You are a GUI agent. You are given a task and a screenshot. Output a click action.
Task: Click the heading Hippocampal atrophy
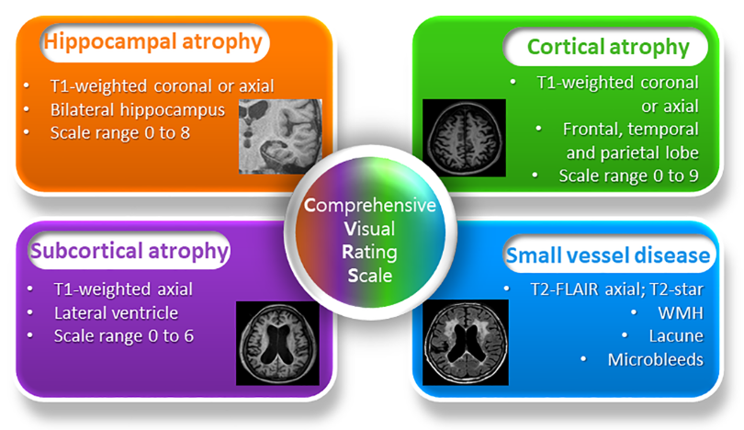(153, 42)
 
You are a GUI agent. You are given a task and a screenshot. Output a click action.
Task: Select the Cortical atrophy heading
(608, 46)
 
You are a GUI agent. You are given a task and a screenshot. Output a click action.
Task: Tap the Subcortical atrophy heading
(130, 250)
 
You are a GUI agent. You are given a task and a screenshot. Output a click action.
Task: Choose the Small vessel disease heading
(608, 255)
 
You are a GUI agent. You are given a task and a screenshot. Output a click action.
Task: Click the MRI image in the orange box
(280, 137)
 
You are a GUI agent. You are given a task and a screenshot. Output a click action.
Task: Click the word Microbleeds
(655, 359)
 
